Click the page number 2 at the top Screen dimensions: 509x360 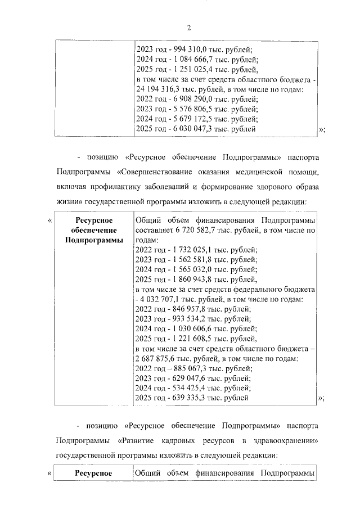(x=189, y=27)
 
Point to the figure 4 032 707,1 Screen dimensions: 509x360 (x=165, y=299)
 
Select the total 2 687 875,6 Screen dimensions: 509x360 (x=160, y=359)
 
